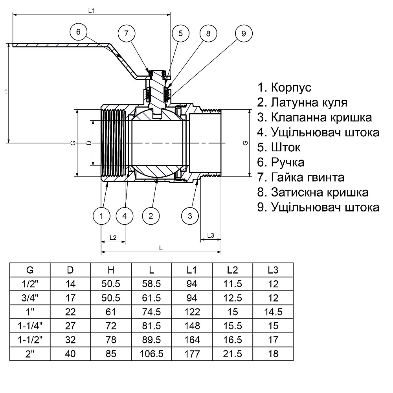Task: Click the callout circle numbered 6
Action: click(78, 33)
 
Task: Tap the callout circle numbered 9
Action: click(243, 33)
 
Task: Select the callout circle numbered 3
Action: click(190, 215)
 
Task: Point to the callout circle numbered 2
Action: click(151, 215)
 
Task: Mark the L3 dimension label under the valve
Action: click(210, 235)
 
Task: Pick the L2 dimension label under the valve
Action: click(113, 237)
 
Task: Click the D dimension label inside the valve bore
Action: click(89, 143)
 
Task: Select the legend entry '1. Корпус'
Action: click(284, 87)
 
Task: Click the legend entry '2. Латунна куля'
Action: click(302, 102)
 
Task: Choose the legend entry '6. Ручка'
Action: click(281, 162)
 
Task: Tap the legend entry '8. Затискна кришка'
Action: click(313, 192)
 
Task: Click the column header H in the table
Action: click(111, 270)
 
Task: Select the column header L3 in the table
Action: click(273, 270)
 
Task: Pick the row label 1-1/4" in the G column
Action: click(30, 326)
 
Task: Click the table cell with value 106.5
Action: click(152, 354)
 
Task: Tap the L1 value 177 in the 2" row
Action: click(192, 354)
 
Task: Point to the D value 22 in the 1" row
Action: click(70, 312)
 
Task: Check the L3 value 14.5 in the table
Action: click(273, 312)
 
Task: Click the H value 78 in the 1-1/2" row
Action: click(111, 340)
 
